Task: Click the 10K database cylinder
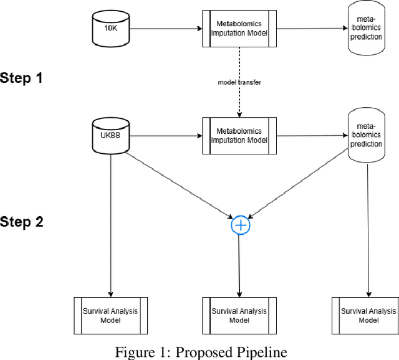coord(111,29)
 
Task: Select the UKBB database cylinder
coord(111,135)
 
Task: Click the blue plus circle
coord(240,225)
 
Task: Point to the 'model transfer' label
coord(240,82)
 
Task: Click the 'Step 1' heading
coord(22,78)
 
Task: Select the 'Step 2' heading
coord(22,222)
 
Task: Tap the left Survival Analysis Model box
coord(110,315)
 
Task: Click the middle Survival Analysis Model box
coord(239,315)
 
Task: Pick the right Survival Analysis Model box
coord(368,315)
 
